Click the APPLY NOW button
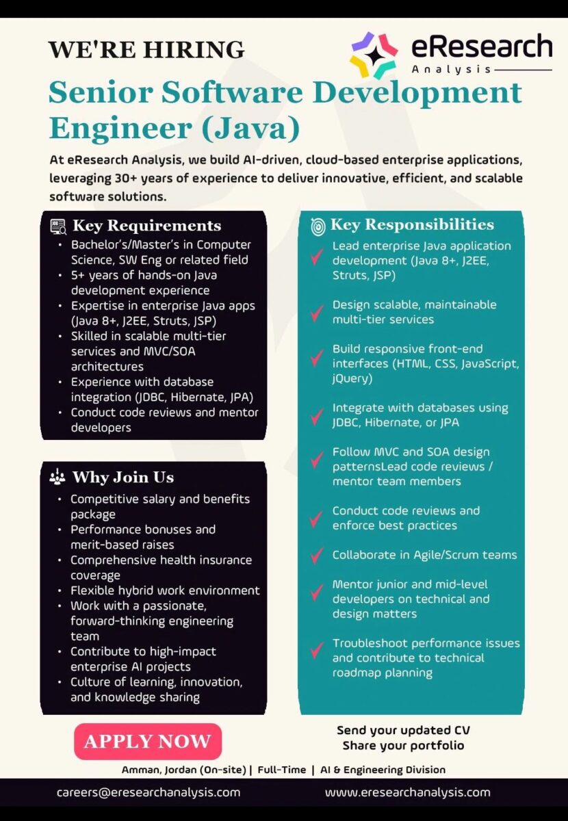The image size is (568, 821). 147,742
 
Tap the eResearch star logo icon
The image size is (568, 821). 374,55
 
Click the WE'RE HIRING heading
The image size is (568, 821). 146,50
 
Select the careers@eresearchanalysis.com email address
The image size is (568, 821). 149,792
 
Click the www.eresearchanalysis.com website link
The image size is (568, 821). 408,792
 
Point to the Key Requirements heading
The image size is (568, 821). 146,226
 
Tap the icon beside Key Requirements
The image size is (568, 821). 58,226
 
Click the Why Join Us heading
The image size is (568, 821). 123,477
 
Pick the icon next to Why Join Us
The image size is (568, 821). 57,478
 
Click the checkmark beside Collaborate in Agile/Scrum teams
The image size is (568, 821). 316,555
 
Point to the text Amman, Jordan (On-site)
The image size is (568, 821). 183,770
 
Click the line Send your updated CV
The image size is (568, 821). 403,730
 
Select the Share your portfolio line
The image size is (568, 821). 403,745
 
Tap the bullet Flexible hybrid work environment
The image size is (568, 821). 165,590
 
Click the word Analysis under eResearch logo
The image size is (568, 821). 451,69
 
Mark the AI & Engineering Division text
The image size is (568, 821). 383,770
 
